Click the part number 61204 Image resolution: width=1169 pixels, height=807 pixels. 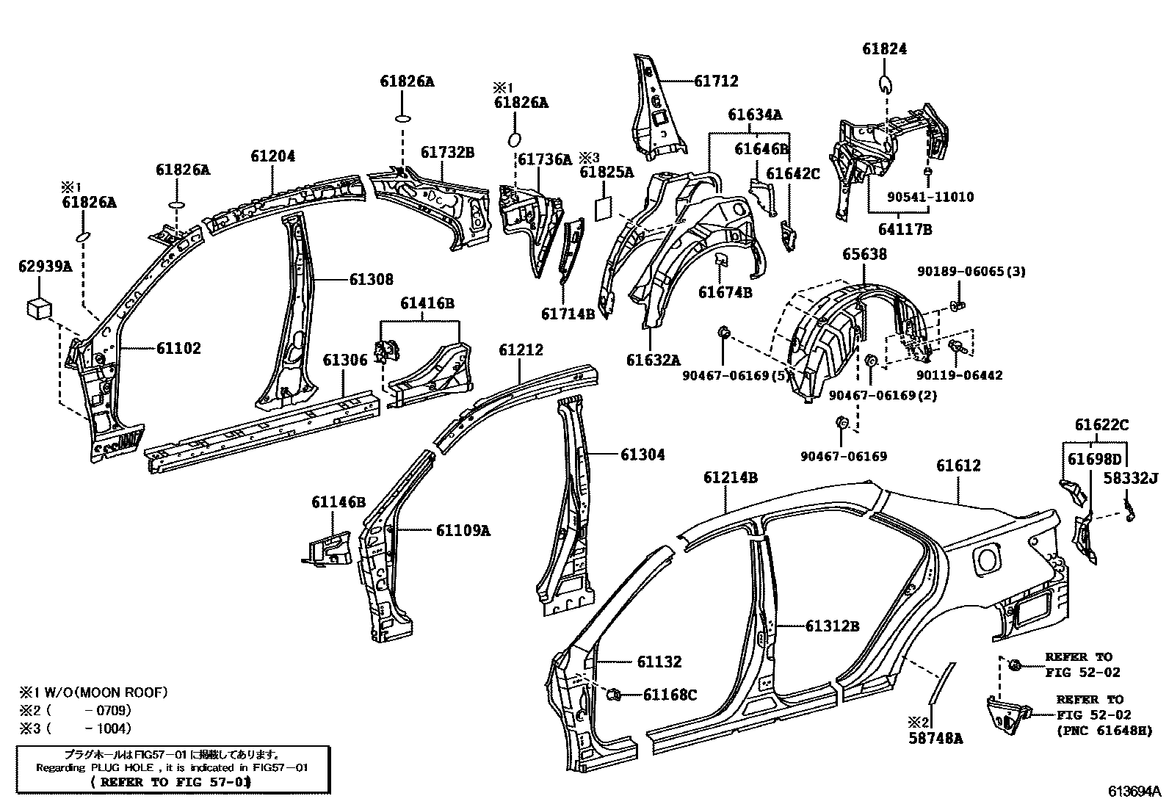[x=272, y=156]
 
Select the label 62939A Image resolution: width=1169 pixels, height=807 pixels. [x=45, y=267]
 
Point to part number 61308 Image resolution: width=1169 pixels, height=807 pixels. [x=370, y=279]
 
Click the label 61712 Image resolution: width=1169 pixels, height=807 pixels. [x=716, y=81]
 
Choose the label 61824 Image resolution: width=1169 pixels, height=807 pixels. [x=884, y=49]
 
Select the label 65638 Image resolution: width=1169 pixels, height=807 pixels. [x=864, y=254]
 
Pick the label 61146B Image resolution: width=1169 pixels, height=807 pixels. [x=338, y=502]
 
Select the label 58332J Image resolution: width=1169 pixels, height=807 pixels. [x=1131, y=479]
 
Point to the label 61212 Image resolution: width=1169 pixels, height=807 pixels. [x=521, y=350]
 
